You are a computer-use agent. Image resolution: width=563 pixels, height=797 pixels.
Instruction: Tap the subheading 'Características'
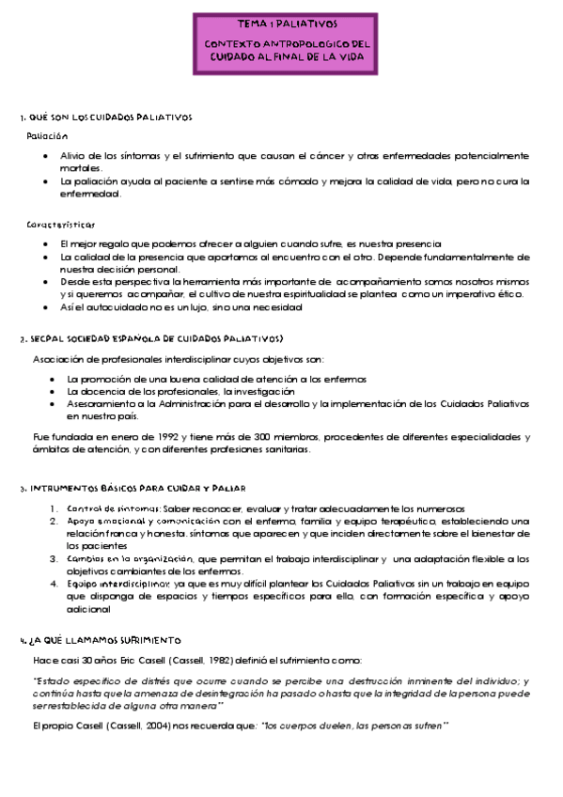coord(60,225)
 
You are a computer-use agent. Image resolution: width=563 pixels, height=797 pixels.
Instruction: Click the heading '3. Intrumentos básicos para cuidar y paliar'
coord(132,489)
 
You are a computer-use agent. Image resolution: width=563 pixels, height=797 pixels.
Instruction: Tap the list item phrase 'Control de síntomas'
coord(112,508)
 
